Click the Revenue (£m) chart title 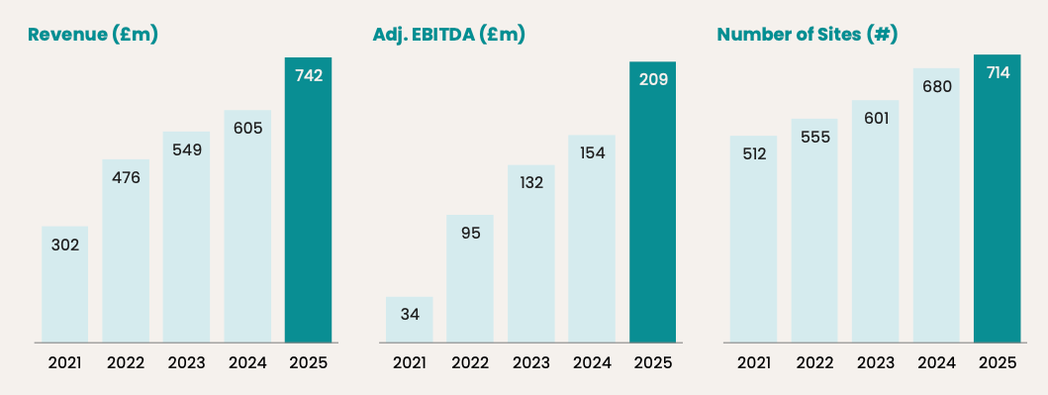tap(93, 35)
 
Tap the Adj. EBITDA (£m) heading tap(448, 35)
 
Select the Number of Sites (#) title tap(807, 35)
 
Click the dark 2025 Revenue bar tap(308, 200)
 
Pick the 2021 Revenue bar tap(65, 285)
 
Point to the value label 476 tap(126, 178)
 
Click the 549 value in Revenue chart tap(186, 150)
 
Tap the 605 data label tap(247, 129)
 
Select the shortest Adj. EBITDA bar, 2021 tap(409, 320)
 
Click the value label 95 tap(470, 234)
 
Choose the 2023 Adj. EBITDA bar tap(531, 254)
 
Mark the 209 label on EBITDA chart tap(653, 80)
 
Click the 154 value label tap(592, 153)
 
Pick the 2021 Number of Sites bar tap(753, 240)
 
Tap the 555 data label tap(814, 137)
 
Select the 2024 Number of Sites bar tap(936, 205)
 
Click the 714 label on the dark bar tap(998, 73)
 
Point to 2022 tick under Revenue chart tap(126, 363)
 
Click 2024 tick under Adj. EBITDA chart tap(592, 363)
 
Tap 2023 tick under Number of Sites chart tap(876, 363)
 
